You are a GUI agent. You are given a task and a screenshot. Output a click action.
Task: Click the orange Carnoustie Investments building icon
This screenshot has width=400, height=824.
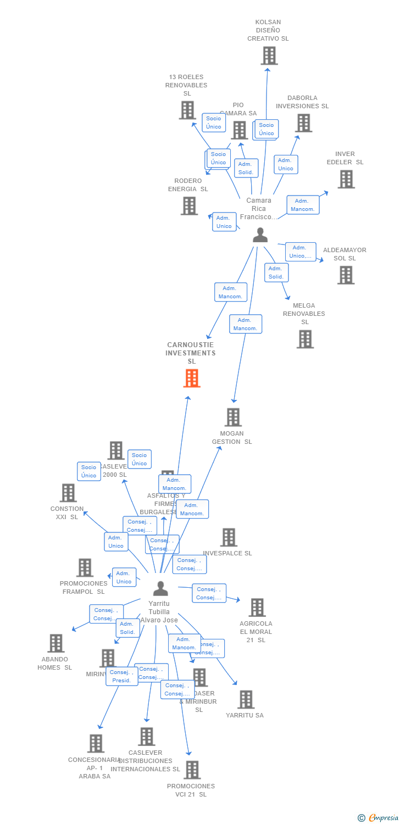pyautogui.click(x=192, y=378)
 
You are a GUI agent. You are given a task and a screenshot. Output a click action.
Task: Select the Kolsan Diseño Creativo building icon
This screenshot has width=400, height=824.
pyautogui.click(x=269, y=55)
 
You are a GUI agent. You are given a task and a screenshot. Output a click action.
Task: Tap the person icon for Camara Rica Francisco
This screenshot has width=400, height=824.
pyautogui.click(x=260, y=235)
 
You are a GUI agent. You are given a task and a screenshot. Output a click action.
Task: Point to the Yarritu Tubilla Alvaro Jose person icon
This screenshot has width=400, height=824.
pyautogui.click(x=160, y=588)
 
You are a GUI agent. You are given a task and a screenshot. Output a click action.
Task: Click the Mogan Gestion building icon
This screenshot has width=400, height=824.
pyautogui.click(x=233, y=417)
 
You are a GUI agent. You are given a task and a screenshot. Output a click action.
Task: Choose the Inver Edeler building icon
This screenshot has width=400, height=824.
pyautogui.click(x=346, y=179)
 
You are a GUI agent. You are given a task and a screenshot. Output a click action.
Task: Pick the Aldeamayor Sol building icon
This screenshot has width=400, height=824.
pyautogui.click(x=346, y=275)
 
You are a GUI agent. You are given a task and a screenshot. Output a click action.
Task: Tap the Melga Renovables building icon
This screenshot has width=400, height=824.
pyautogui.click(x=305, y=339)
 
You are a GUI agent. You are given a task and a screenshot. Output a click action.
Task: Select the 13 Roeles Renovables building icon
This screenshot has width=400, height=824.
pyautogui.click(x=187, y=110)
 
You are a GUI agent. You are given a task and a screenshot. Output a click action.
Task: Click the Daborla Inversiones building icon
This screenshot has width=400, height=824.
pyautogui.click(x=303, y=123)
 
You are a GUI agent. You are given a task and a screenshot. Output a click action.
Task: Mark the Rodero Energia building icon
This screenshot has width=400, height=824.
pyautogui.click(x=189, y=205)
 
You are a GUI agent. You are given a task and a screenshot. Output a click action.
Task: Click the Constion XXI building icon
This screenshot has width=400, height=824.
pyautogui.click(x=68, y=493)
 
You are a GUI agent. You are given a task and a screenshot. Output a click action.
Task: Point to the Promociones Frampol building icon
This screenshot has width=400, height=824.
pyautogui.click(x=85, y=567)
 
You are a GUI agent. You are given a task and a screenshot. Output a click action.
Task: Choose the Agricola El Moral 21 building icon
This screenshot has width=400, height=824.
pyautogui.click(x=257, y=607)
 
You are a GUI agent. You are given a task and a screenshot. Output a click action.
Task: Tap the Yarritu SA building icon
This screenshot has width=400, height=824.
pyautogui.click(x=246, y=699)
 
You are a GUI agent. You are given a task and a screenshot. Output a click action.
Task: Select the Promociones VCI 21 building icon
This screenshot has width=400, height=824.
pyautogui.click(x=192, y=770)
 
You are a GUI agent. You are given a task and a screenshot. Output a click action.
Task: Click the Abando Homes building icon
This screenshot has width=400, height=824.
pyautogui.click(x=55, y=643)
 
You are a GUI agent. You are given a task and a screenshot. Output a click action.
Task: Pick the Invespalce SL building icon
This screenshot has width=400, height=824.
pyautogui.click(x=228, y=537)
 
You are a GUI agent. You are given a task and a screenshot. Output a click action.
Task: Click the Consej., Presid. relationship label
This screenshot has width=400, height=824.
pyautogui.click(x=121, y=676)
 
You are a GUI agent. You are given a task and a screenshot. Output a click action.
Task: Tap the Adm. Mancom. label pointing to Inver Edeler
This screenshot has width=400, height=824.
pyautogui.click(x=303, y=205)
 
